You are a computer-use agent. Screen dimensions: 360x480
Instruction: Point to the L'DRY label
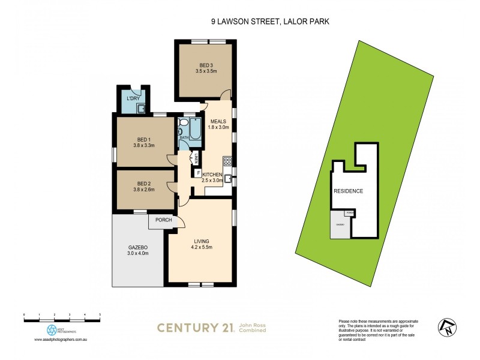132,98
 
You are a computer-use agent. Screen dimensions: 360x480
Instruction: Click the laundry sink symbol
140,108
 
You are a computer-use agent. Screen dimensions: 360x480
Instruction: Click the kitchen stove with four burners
227,161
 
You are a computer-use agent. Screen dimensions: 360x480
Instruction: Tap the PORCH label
164,220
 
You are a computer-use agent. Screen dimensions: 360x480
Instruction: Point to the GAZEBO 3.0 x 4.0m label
137,251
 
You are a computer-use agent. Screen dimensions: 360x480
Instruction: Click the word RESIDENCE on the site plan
348,191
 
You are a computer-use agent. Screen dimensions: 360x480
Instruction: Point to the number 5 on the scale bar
100,314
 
